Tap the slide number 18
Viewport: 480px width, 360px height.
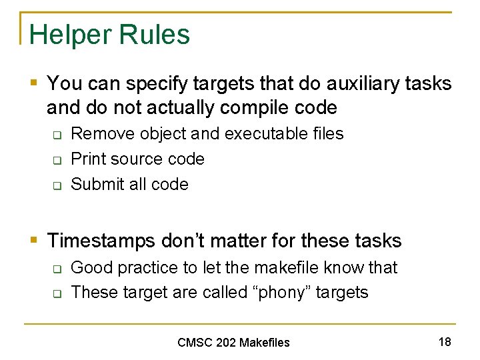pyautogui.click(x=445, y=342)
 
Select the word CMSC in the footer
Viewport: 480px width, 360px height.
pyautogui.click(x=193, y=343)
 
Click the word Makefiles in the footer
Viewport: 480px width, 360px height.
pyautogui.click(x=265, y=343)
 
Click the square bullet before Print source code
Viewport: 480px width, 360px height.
pyautogui.click(x=57, y=160)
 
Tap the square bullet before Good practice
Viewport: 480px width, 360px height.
pyautogui.click(x=57, y=269)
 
